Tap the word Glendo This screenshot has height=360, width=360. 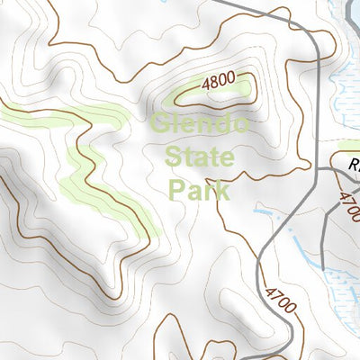pos(199,124)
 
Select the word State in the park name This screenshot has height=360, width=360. pos(200,157)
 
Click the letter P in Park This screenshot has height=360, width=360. pos(178,190)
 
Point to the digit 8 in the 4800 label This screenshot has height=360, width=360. pos(215,82)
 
